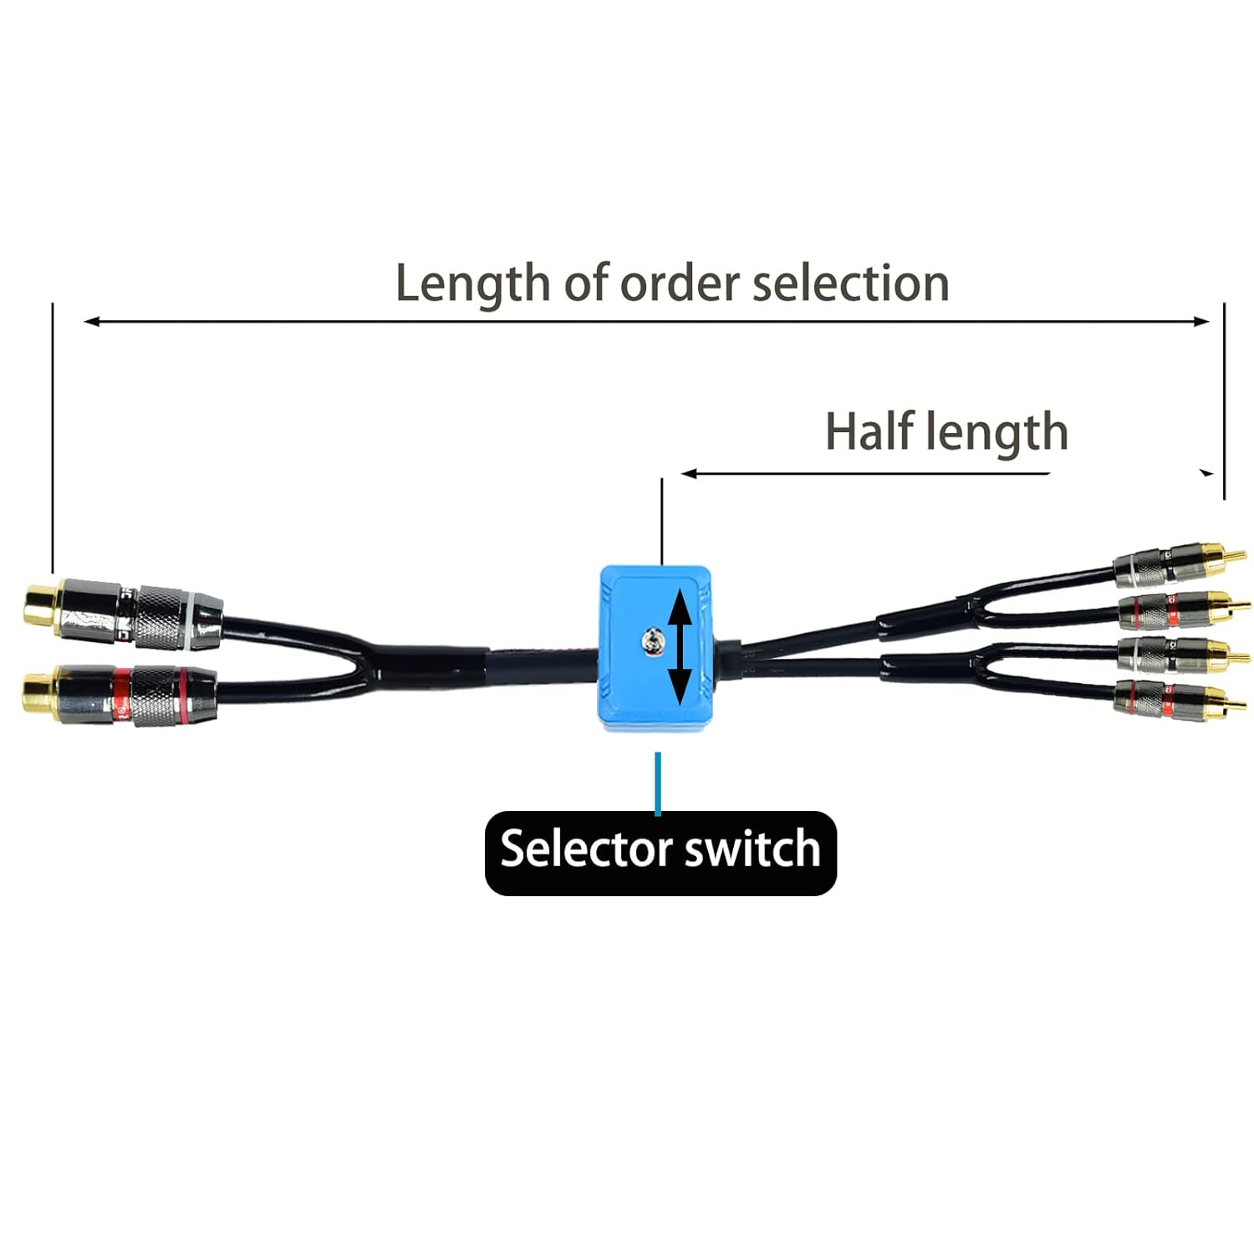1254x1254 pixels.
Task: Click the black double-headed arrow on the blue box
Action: click(680, 646)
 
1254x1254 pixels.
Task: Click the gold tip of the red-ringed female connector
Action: click(38, 696)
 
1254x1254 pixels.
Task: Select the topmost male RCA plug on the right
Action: click(1179, 562)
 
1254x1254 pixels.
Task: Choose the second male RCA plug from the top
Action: click(1179, 609)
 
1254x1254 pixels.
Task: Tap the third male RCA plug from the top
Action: click(1179, 654)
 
